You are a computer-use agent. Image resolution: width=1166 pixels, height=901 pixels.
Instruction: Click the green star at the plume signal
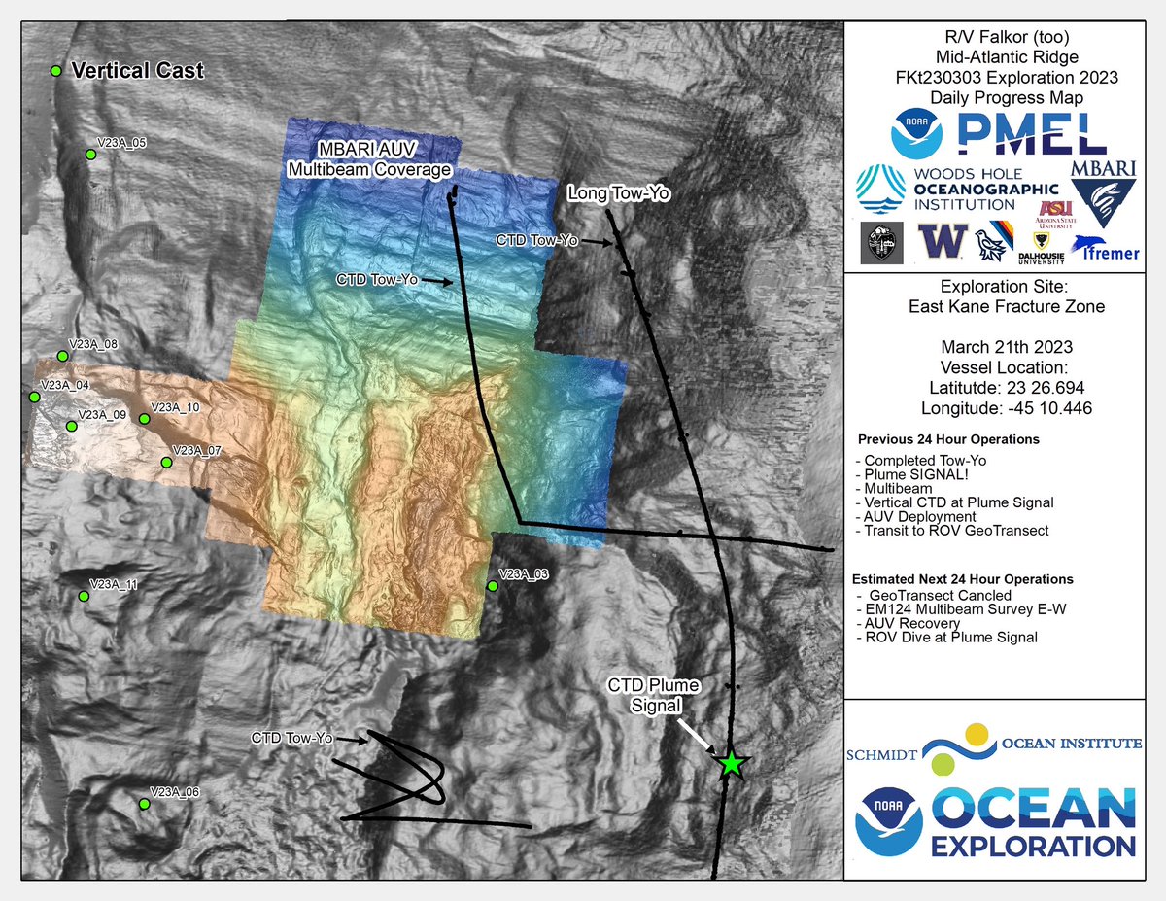[732, 764]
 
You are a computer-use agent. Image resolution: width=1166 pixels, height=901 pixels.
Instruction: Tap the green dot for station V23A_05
[90, 154]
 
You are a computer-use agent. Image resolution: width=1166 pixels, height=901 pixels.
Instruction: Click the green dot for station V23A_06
[144, 804]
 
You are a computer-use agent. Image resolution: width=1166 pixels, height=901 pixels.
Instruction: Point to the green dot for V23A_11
[84, 596]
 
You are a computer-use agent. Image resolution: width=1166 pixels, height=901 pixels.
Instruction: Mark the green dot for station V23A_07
[166, 463]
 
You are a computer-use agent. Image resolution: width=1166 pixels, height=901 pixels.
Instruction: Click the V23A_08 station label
[93, 344]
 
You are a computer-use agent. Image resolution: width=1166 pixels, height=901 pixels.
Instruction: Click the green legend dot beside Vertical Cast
[56, 71]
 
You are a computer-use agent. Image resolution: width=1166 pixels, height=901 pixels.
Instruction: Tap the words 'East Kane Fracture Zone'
[1006, 307]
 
